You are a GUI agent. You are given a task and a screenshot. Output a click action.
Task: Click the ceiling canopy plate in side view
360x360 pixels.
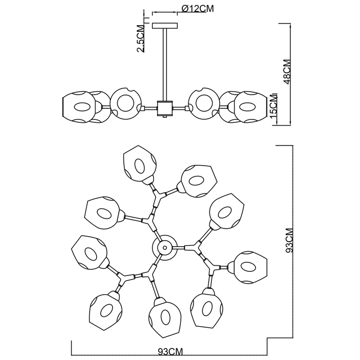point(164,25)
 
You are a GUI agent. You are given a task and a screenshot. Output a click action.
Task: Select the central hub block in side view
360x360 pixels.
point(165,108)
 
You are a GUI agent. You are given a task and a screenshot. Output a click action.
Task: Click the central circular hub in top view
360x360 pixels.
point(164,247)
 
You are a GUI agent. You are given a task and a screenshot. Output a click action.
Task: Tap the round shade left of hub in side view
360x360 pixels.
point(124,102)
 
